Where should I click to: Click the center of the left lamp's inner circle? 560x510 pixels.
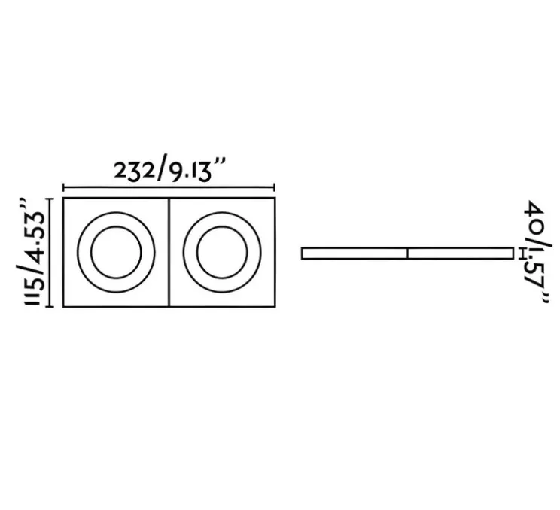pyautogui.click(x=115, y=253)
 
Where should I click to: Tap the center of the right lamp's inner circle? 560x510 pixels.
pyautogui.click(x=222, y=253)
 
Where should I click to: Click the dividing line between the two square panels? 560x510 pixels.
pyautogui.click(x=169, y=253)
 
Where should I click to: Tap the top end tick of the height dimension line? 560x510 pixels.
pyautogui.click(x=50, y=199)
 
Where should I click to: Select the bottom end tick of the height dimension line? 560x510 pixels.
pyautogui.click(x=50, y=307)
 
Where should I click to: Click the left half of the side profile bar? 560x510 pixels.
pyautogui.click(x=354, y=253)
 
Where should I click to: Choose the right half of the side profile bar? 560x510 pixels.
pyautogui.click(x=460, y=253)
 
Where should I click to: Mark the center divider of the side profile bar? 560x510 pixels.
pyautogui.click(x=407, y=253)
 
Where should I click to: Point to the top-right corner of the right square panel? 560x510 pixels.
pyautogui.click(x=274, y=199)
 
